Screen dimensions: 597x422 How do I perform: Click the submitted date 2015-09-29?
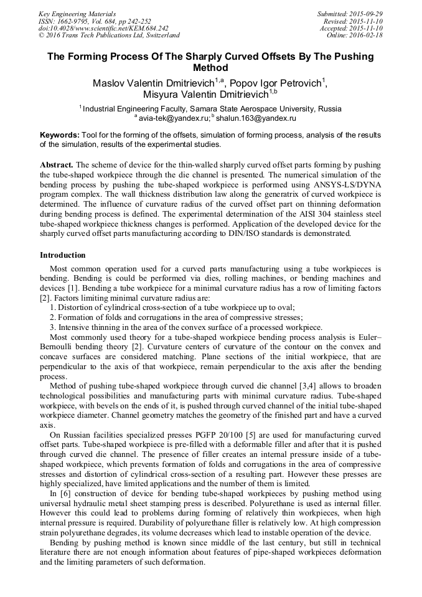tap(367, 14)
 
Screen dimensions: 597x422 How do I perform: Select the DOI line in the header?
tap(103, 29)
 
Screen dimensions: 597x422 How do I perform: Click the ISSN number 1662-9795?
tap(75, 21)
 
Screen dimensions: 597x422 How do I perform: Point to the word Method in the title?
tap(211, 68)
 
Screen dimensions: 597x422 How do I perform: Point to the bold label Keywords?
tap(60, 135)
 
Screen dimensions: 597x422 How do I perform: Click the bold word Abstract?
tap(57, 165)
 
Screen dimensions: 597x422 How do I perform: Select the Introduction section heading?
tap(63, 255)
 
